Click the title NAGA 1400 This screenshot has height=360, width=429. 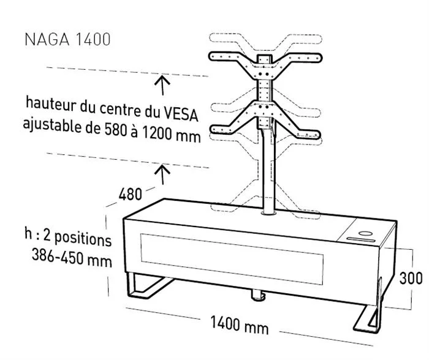67,39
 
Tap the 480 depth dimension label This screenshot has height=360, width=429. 130,194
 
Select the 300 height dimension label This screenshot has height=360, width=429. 411,279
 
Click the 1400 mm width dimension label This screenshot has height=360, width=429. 240,325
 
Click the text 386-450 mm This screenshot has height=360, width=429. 72,257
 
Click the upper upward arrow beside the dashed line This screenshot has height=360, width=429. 162,85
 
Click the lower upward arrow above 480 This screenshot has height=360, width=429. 162,174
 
